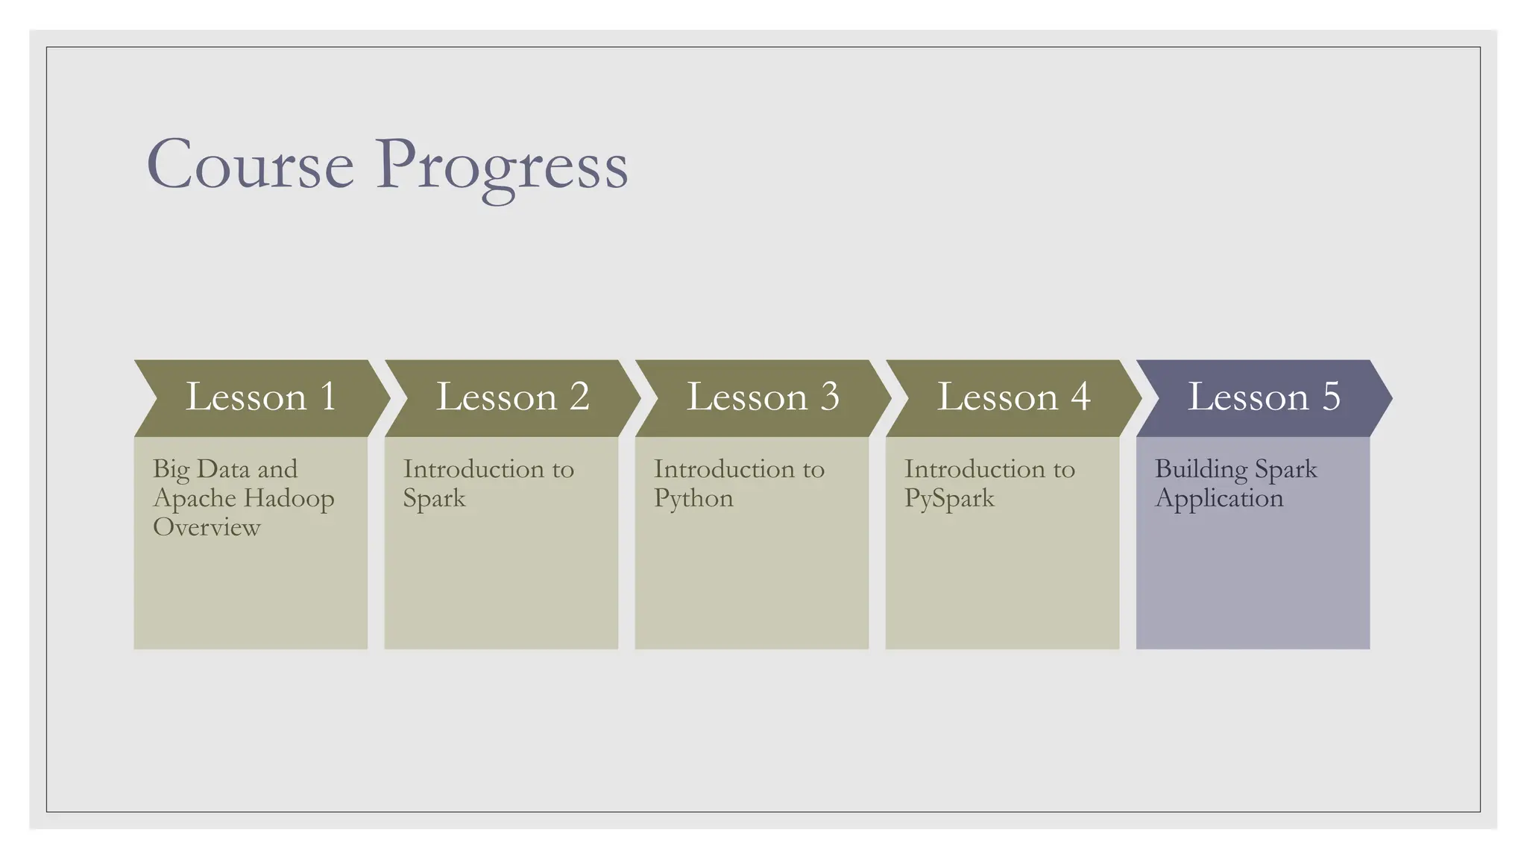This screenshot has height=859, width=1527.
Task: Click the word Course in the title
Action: [251, 165]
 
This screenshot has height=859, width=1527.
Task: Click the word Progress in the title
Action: [501, 167]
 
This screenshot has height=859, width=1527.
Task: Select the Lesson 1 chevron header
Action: [261, 397]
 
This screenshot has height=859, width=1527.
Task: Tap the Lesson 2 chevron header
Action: [511, 397]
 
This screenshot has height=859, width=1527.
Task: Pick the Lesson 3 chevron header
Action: [762, 397]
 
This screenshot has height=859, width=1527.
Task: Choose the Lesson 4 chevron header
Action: [1013, 397]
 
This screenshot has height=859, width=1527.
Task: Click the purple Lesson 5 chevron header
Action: [1263, 397]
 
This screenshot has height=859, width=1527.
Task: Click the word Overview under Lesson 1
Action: [207, 527]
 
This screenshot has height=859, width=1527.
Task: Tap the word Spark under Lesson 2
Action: [434, 498]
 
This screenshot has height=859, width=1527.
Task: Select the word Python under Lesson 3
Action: [693, 498]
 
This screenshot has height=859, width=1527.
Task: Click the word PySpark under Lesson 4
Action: [949, 498]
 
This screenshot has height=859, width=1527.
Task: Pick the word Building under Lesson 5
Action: [1200, 470]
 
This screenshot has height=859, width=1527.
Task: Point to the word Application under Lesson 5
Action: [1219, 498]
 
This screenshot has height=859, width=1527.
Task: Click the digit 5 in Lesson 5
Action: [1331, 397]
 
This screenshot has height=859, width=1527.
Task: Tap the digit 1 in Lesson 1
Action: [328, 397]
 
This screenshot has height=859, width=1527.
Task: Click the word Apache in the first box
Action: [193, 498]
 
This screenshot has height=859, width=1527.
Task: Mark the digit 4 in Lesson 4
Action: [1080, 397]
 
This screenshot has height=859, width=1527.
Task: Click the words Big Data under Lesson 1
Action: [201, 469]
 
